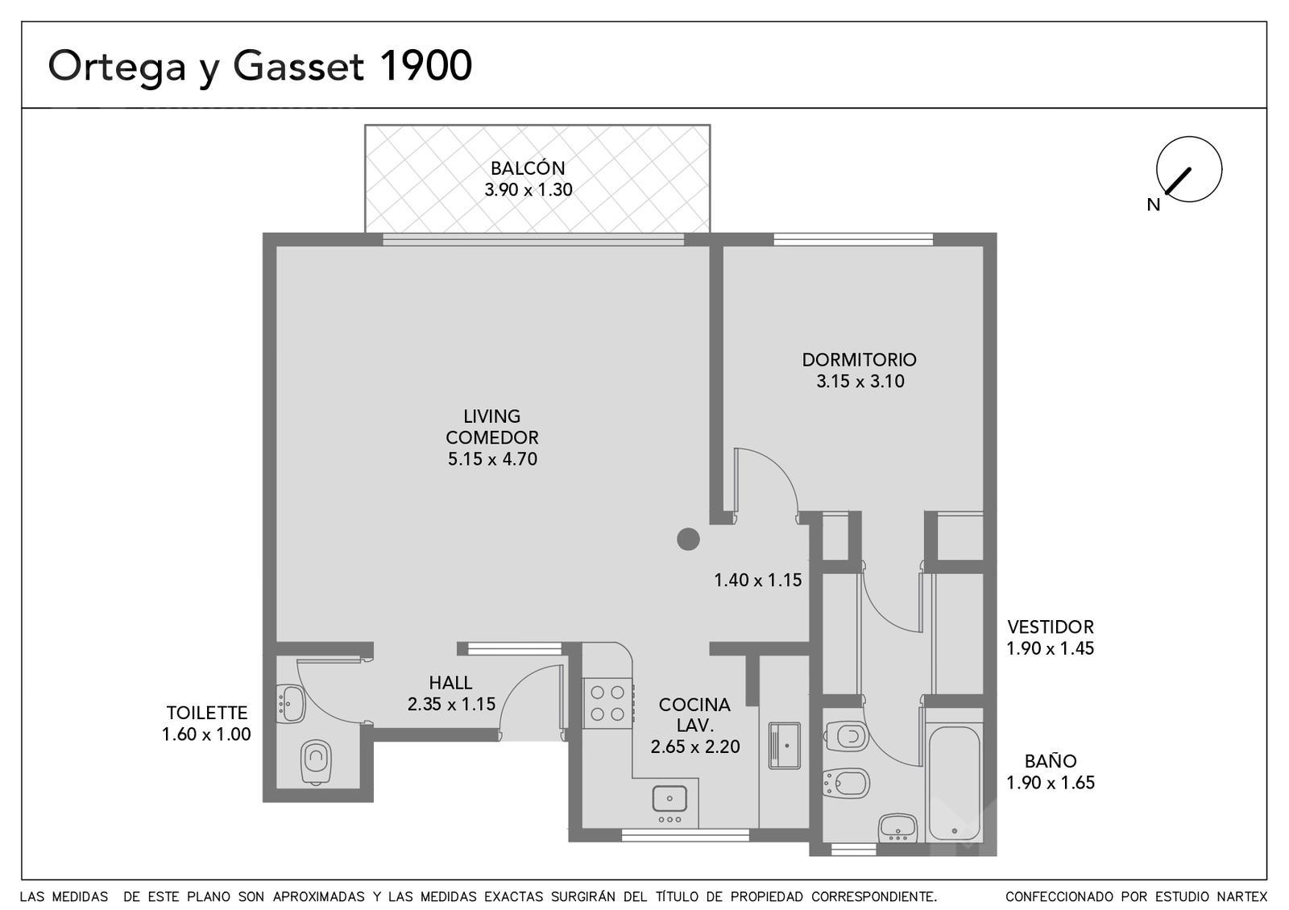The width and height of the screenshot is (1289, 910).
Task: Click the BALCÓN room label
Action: pyautogui.click(x=528, y=168)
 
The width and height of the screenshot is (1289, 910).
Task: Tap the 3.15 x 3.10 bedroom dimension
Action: pyautogui.click(x=860, y=381)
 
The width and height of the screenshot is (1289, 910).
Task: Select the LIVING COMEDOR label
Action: pyautogui.click(x=492, y=427)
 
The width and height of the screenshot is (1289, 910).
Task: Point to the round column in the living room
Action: pyautogui.click(x=688, y=540)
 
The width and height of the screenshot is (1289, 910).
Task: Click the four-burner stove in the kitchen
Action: pyautogui.click(x=607, y=704)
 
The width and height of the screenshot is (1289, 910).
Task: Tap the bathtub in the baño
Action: pyautogui.click(x=955, y=784)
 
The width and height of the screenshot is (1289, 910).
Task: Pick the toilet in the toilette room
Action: pyautogui.click(x=316, y=762)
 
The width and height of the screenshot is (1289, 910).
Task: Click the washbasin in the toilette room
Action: pyautogui.click(x=291, y=704)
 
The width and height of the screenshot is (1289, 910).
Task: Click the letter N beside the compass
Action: pyautogui.click(x=1153, y=205)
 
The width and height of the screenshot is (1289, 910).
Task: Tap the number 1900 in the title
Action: pyautogui.click(x=426, y=65)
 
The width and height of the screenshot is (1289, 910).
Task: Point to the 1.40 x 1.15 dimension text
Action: pyautogui.click(x=758, y=580)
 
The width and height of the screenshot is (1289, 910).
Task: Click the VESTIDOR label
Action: pyautogui.click(x=1051, y=627)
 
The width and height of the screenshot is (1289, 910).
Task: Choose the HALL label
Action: pyautogui.click(x=450, y=683)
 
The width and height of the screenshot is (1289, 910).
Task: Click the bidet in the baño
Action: pyautogui.click(x=845, y=783)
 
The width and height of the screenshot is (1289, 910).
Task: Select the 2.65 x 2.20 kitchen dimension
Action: pyautogui.click(x=695, y=747)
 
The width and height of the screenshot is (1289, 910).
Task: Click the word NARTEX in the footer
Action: pyautogui.click(x=1241, y=897)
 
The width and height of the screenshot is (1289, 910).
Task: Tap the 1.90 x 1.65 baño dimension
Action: pyautogui.click(x=1051, y=782)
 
